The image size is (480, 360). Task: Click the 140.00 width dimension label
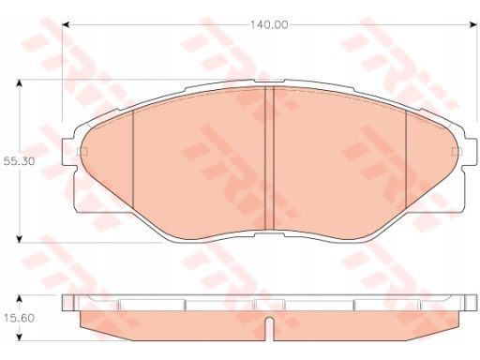coord(269,25)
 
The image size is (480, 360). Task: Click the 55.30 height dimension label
coord(19,161)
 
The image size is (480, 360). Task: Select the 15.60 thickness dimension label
coord(19,319)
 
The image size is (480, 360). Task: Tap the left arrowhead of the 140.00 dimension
coord(66,25)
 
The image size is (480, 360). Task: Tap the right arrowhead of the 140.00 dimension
coord(473,25)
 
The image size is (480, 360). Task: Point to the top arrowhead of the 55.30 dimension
coord(20,83)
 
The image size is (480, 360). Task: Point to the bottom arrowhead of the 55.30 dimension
coord(20,239)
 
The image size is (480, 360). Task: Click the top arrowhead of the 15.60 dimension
coord(20,298)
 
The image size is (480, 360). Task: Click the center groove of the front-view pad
coord(269,158)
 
